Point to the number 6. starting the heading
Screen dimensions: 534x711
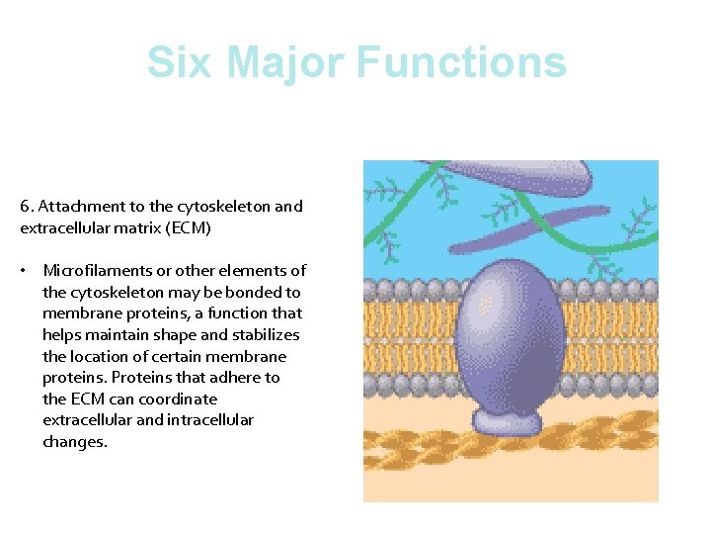point(27,207)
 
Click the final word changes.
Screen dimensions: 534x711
point(74,442)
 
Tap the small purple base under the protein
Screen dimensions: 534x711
point(508,421)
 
